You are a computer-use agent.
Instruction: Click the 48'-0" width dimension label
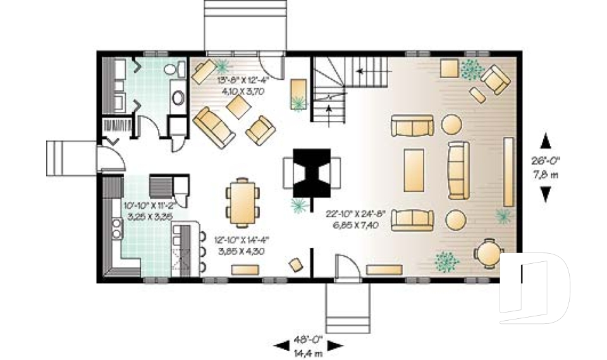308,339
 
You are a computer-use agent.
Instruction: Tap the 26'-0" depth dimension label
545,161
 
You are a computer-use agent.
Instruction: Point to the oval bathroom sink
178,99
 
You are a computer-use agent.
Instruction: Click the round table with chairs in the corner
488,254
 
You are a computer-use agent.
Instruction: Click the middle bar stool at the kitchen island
202,251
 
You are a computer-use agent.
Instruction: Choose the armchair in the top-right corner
494,78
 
